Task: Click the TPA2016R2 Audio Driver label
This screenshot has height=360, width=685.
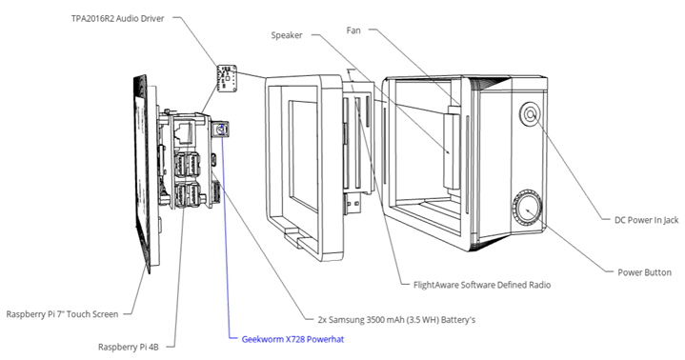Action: (118, 19)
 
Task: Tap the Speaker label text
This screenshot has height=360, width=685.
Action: (287, 35)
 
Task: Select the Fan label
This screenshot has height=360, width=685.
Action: (353, 30)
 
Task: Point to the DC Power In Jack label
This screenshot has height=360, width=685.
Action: (647, 220)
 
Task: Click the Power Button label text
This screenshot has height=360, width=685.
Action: (644, 272)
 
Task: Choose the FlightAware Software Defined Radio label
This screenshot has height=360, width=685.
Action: (482, 286)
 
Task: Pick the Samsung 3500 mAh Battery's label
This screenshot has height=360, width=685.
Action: (396, 320)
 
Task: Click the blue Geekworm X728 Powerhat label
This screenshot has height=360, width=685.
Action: (292, 339)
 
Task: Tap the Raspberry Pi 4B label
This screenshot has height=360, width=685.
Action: (128, 348)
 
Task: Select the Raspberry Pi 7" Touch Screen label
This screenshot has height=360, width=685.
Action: (62, 314)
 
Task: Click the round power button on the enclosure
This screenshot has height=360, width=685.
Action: (527, 209)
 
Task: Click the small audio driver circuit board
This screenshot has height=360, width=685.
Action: (227, 78)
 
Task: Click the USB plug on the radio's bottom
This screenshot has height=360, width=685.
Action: (353, 204)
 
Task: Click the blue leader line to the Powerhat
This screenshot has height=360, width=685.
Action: (225, 233)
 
